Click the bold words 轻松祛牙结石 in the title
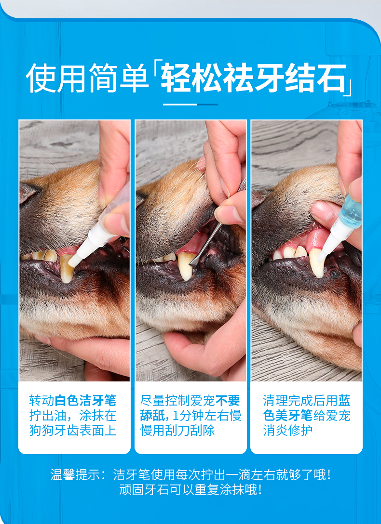coord(253,78)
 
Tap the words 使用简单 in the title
coord(87,78)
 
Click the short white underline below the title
coord(190,105)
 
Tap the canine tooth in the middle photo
coord(186,266)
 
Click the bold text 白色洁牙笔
coord(85,400)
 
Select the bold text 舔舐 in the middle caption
coord(152,415)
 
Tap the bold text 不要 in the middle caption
coord(228,400)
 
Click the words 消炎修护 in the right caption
coord(288,431)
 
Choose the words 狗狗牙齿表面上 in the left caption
coord(73,431)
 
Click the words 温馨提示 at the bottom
coord(75,474)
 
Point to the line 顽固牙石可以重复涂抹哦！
coord(190,490)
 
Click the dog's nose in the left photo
coord(28,192)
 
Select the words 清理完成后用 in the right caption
coord(300,400)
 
